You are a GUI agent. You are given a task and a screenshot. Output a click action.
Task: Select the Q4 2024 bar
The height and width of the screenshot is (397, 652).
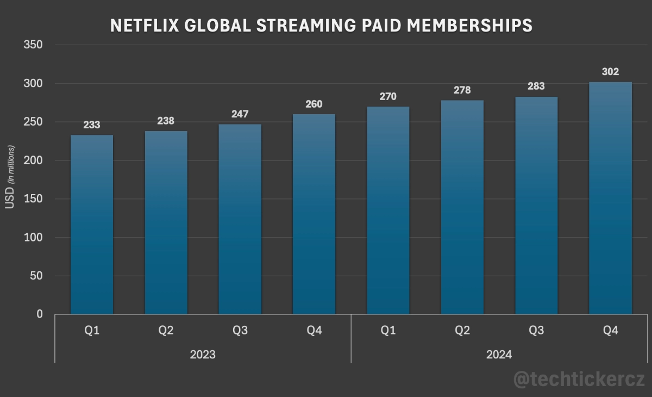tap(610, 198)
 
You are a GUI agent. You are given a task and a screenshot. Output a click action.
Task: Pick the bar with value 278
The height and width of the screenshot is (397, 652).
tap(462, 207)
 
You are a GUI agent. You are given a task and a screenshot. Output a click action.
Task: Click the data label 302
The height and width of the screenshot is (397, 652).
tap(610, 72)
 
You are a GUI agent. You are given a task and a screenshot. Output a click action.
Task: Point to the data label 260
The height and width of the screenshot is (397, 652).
tap(314, 104)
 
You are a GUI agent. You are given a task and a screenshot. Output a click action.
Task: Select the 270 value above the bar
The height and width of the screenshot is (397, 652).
tap(388, 97)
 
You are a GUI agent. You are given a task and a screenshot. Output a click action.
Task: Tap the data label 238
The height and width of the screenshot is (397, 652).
tap(166, 121)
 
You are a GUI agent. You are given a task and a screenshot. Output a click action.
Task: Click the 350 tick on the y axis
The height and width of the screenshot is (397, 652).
tap(33, 45)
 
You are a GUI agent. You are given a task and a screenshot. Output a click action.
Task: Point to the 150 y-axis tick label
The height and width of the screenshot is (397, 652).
tap(33, 199)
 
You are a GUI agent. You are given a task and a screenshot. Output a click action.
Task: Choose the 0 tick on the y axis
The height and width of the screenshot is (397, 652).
tap(39, 314)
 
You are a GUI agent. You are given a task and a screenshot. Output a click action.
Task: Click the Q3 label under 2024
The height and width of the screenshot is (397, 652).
tap(536, 331)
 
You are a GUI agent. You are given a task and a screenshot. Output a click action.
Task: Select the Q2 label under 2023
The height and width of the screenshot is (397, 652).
tap(166, 331)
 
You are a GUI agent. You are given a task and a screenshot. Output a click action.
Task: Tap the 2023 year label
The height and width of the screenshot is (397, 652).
tap(203, 355)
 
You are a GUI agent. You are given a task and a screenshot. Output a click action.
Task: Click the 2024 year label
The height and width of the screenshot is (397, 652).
tap(499, 355)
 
